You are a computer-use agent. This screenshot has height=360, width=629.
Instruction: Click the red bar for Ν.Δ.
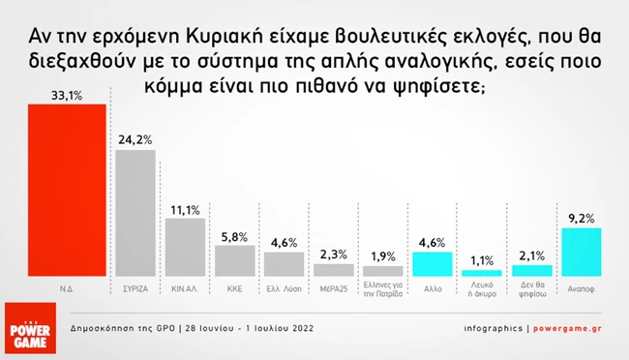coord(60,190)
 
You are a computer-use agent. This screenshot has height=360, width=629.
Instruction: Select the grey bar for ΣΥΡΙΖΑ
coord(135,213)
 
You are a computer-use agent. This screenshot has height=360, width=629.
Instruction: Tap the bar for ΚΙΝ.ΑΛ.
coord(185,248)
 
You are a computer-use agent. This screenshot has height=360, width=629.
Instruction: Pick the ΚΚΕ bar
coord(234,261)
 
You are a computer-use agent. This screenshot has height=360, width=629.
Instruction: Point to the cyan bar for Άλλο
coord(433,264)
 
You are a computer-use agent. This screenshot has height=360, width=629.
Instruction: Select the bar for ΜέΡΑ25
coord(334,270)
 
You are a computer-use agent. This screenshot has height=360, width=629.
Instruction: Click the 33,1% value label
coord(60,94)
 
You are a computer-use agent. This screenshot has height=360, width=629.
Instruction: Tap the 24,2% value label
coord(135,139)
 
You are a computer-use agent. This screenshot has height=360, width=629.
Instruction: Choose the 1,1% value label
coord(482,259)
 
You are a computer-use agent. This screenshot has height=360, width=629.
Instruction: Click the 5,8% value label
coord(234,235)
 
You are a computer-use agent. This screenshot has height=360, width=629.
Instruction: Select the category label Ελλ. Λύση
coord(285,288)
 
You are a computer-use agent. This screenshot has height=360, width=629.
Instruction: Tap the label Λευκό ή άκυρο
coord(482,292)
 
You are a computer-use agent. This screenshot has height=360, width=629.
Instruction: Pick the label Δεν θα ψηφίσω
coord(532,292)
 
